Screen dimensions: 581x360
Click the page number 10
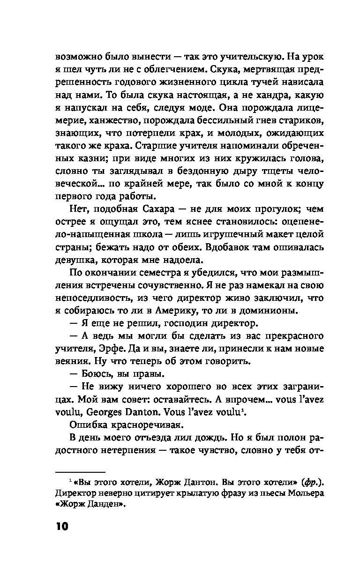[x=62, y=526]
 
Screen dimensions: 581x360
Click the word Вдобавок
[x=212, y=247]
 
